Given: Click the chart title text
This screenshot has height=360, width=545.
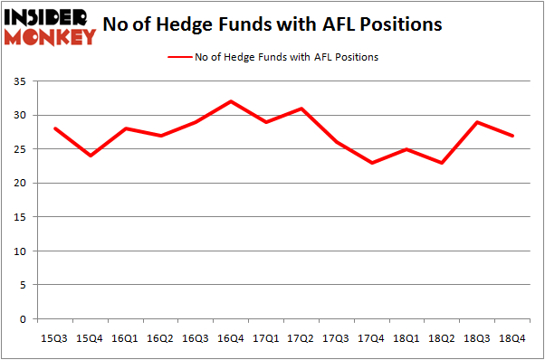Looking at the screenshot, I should [272, 24].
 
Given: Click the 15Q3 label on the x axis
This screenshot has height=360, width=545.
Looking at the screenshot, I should [55, 338].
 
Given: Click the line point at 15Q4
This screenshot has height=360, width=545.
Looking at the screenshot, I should [91, 156].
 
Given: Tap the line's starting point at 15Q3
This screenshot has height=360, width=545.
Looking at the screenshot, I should [55, 128].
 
